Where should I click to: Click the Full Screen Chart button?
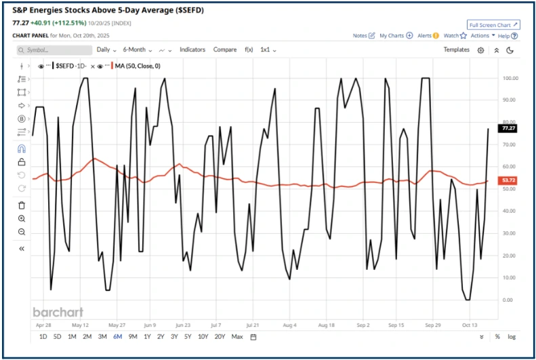coord(493,25)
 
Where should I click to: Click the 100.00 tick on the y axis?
coord(510,79)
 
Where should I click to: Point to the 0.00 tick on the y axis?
coord(508,300)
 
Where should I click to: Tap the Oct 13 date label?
coord(470,325)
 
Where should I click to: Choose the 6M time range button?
coord(118,336)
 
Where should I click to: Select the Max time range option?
coord(237,336)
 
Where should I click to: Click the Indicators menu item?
coord(193,49)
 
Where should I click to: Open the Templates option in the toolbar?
coord(457,49)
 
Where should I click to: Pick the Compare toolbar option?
coord(225,49)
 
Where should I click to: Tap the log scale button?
coord(511,336)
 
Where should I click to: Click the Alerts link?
coord(428,35)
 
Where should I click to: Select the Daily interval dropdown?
coord(106,49)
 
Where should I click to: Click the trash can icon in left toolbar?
coord(22,205)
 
